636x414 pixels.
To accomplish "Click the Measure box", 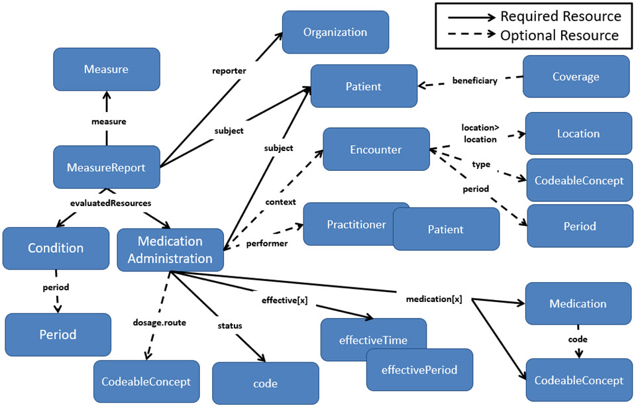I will (106, 70).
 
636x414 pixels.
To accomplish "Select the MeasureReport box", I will (106, 168).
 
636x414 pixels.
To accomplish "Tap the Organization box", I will (335, 32).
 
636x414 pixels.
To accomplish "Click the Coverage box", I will (576, 77).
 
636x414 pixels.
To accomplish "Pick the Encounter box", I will (376, 150).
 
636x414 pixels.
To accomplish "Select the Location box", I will (578, 133).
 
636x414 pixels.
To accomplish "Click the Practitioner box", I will (348, 224).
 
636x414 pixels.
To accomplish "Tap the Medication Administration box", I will (170, 250).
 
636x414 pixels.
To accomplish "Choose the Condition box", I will (56, 248).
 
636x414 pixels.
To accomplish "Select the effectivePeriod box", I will (419, 370).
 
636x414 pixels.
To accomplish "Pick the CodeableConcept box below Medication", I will (578, 380).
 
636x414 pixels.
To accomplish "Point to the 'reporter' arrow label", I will (229, 70).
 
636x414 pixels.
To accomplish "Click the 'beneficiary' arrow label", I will (474, 80).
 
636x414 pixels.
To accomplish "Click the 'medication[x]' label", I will (434, 299).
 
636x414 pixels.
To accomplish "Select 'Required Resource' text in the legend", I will (560, 17).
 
